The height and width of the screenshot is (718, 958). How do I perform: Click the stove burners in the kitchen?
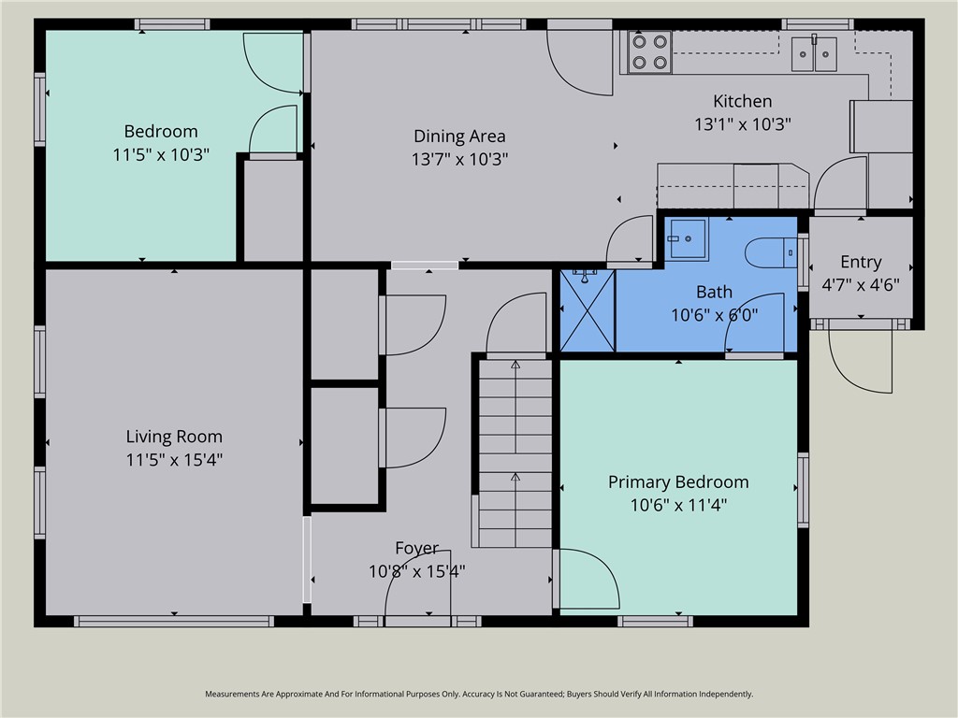point(650,52)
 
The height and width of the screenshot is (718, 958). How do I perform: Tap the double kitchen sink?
point(815,53)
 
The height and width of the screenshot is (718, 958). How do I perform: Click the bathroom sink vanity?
point(688,238)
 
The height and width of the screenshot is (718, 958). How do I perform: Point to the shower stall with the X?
point(588,309)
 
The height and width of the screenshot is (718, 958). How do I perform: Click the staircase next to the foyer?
point(515,452)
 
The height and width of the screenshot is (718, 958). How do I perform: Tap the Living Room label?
point(174,437)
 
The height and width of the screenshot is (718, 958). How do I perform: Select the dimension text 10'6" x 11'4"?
point(678,506)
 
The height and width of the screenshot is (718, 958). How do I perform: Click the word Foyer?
point(416,549)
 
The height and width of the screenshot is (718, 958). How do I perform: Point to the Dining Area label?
point(459,136)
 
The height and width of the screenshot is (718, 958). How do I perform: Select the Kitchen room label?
point(743,101)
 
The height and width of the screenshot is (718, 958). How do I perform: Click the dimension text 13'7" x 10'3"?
point(459,160)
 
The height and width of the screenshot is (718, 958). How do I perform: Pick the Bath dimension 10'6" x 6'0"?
point(714,315)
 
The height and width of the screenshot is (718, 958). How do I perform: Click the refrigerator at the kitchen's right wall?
point(880,126)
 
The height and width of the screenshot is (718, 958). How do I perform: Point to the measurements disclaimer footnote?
point(479,694)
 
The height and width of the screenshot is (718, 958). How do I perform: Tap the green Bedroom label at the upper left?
point(161,132)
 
